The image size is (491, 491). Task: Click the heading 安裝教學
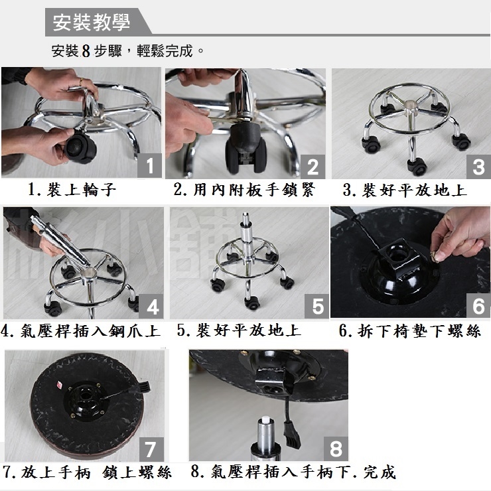(x=91, y=23)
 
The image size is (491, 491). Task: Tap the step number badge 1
(x=150, y=165)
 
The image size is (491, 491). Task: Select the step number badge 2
(x=313, y=167)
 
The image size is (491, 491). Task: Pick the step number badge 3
(x=478, y=167)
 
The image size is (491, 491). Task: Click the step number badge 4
(x=151, y=307)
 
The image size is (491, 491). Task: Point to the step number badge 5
(x=317, y=306)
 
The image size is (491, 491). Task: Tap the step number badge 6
(x=478, y=306)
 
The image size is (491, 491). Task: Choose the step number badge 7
(x=151, y=449)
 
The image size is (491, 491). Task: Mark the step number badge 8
(x=336, y=449)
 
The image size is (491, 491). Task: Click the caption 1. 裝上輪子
(x=72, y=190)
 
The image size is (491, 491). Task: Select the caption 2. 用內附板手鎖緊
(x=244, y=190)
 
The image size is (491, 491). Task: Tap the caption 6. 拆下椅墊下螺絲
(x=409, y=330)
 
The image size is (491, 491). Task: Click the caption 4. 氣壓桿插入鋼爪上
(x=80, y=330)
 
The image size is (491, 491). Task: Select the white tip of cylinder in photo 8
(x=266, y=419)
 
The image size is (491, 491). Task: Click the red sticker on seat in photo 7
(x=59, y=384)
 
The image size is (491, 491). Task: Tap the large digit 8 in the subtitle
(x=86, y=50)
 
